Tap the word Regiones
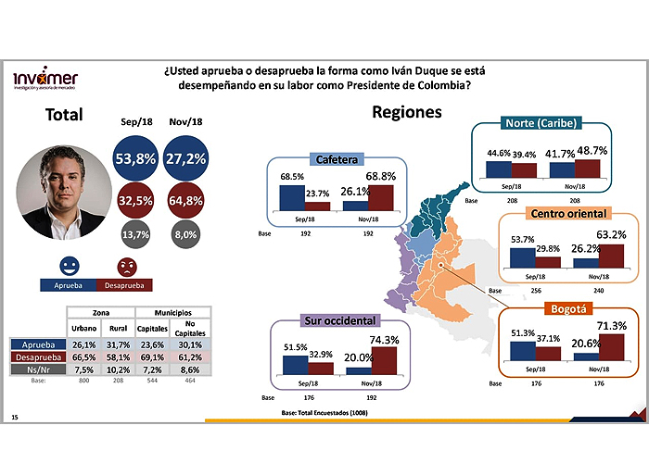406,113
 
